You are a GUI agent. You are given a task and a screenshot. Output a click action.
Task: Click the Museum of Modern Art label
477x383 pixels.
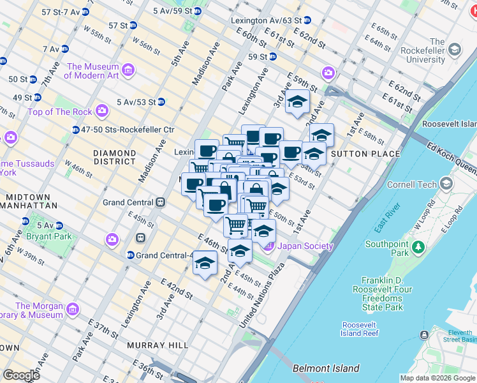point(92,71)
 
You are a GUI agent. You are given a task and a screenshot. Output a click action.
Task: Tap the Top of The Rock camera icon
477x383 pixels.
point(102,112)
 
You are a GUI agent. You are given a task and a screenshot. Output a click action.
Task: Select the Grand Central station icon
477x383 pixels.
point(161,202)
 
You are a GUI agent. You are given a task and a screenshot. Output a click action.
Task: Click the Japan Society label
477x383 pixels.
point(305,246)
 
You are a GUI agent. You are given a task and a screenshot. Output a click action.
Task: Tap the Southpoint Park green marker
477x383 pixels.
point(418,245)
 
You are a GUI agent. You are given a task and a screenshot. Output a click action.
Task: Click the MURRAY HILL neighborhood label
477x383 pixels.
point(157,345)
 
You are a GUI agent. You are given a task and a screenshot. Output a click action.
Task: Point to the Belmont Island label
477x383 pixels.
point(325,368)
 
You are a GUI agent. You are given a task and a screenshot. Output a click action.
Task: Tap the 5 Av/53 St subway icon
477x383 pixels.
point(161,101)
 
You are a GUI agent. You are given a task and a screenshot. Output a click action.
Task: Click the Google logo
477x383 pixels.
point(21,375)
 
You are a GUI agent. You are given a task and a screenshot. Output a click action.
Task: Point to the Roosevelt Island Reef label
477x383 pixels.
point(360,329)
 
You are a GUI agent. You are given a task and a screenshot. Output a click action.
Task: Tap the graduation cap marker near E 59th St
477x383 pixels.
point(297,101)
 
